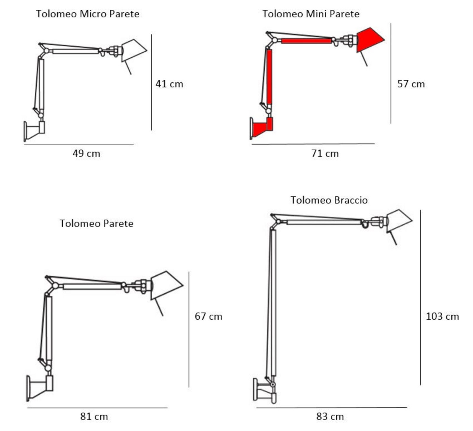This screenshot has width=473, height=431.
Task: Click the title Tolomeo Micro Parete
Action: click(x=88, y=14)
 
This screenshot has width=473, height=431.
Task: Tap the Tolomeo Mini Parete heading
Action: click(x=311, y=14)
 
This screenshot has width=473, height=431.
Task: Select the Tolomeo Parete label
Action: click(x=96, y=223)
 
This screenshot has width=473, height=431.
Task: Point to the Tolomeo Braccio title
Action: click(x=329, y=200)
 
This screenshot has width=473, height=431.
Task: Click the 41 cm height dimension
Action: click(x=169, y=84)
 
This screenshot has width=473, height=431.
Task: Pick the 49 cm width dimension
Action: click(x=86, y=154)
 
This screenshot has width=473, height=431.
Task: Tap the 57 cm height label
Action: click(x=411, y=84)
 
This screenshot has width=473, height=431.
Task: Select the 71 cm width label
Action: click(x=325, y=154)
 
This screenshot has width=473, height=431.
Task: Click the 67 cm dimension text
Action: click(x=208, y=316)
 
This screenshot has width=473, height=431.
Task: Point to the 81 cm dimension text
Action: click(x=94, y=417)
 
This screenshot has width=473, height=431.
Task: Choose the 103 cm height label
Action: click(x=442, y=316)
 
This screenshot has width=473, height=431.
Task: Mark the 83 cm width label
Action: click(x=330, y=417)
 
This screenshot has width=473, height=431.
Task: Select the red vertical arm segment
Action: click(x=269, y=77)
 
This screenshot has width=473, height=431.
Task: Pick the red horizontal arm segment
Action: click(x=306, y=41)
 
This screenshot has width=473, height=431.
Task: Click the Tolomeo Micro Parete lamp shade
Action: click(x=133, y=50)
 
